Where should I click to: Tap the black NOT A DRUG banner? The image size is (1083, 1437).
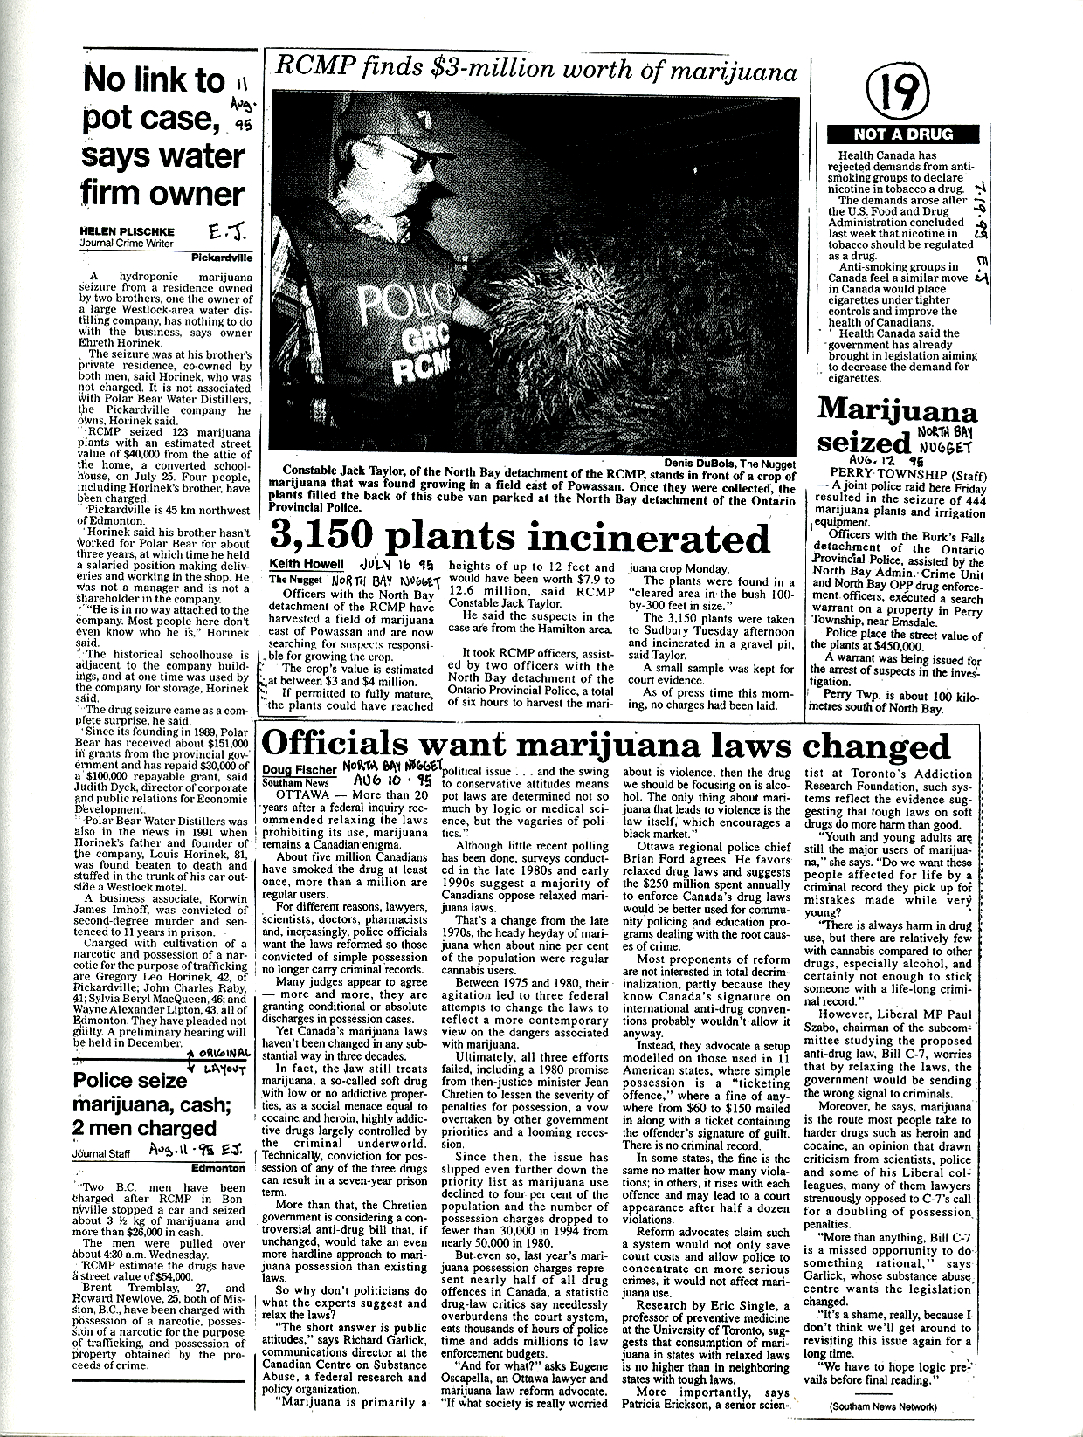[903, 134]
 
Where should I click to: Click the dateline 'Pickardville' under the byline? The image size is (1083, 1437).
[223, 258]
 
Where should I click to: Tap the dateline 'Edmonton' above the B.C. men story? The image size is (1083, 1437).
[223, 1167]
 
